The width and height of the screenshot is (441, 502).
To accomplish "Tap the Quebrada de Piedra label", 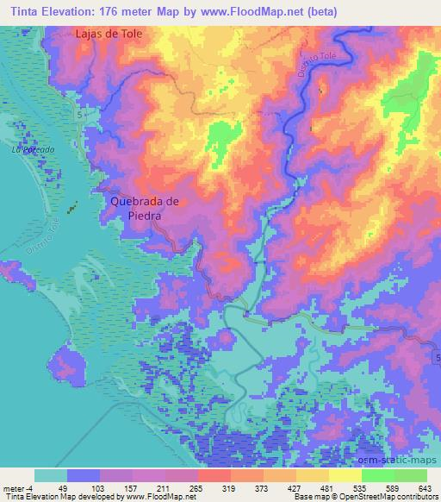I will [x=145, y=207].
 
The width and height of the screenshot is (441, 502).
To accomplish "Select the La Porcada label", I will [x=33, y=149].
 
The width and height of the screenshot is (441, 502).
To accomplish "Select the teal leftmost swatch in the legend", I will [x=50, y=475].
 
